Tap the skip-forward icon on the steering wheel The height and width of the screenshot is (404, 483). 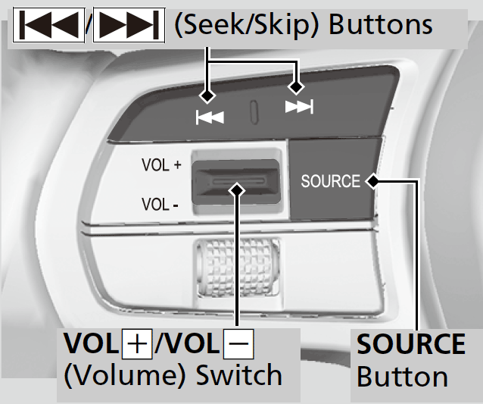(299, 108)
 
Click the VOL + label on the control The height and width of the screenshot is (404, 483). (160, 164)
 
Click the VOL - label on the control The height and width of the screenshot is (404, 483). (160, 204)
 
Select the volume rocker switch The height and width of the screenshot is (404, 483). (236, 183)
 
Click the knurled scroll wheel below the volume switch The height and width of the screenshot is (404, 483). (238, 266)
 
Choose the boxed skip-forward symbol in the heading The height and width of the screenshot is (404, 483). (129, 26)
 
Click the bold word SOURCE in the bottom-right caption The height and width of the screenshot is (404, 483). (411, 344)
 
